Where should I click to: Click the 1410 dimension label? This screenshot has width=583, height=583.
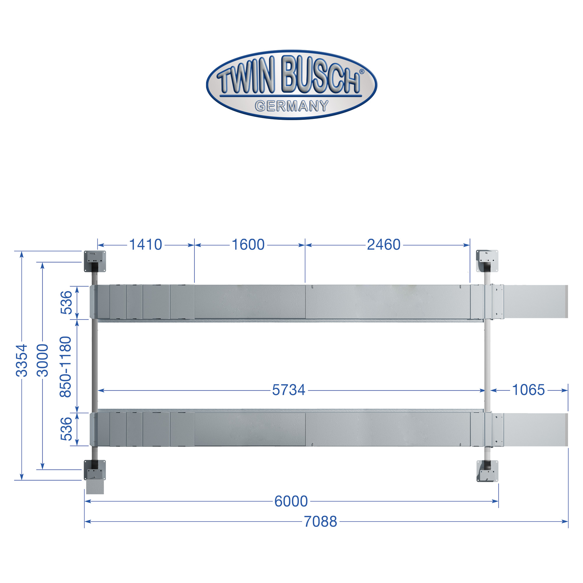point(145,245)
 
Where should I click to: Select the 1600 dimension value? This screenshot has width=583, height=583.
point(248,245)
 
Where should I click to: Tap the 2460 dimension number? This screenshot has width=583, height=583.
point(384,245)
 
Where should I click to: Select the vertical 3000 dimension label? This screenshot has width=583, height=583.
point(43,360)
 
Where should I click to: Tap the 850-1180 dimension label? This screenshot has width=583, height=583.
point(66,367)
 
